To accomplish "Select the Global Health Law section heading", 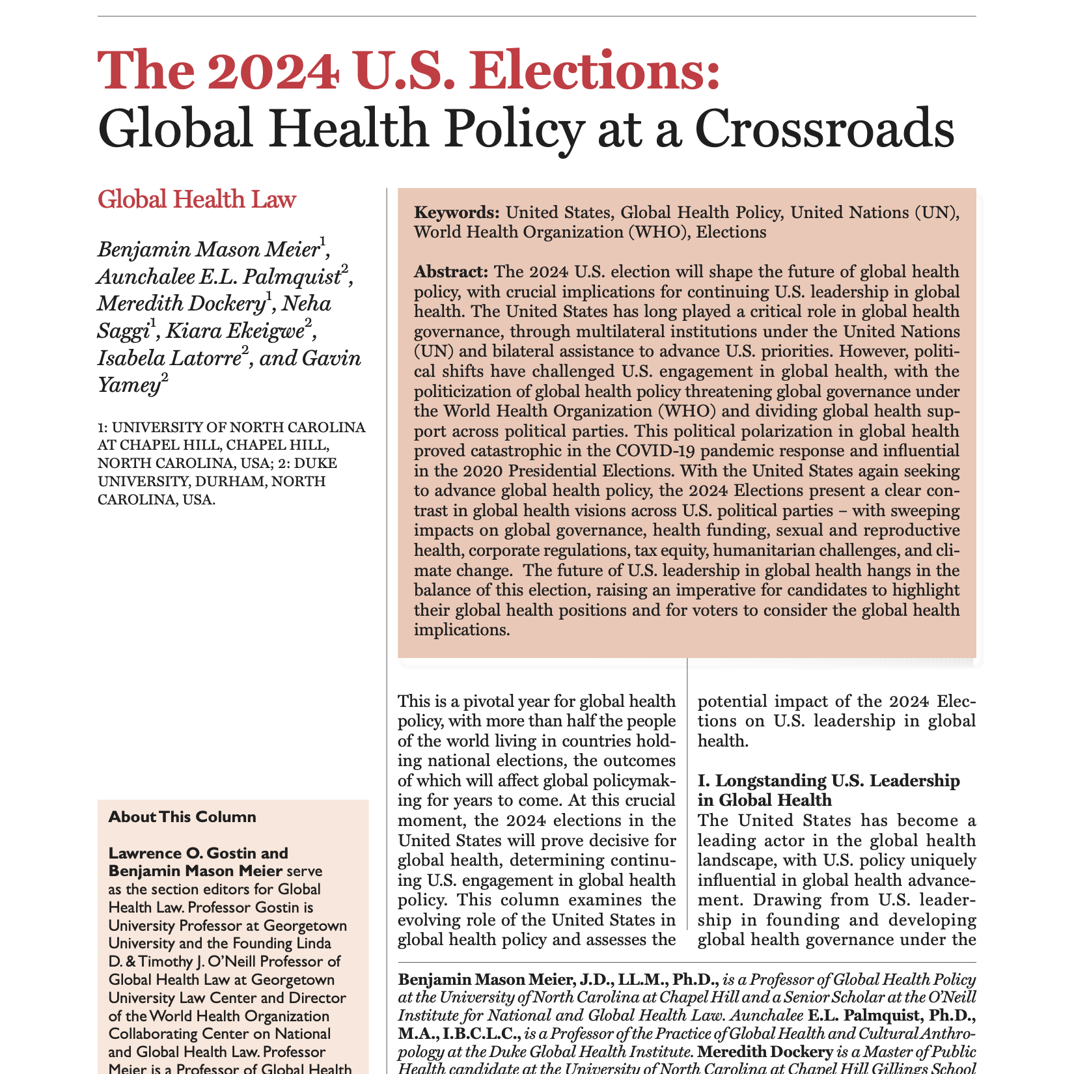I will (197, 199).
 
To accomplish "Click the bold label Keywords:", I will (458, 213).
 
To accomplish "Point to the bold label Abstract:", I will (451, 271).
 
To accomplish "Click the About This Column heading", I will (182, 817).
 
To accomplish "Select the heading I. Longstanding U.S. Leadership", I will (828, 780).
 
